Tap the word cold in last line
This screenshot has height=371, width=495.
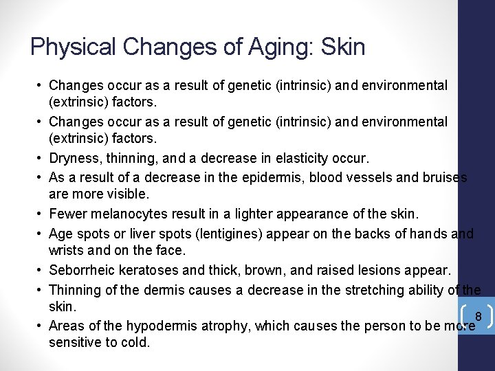click(135, 341)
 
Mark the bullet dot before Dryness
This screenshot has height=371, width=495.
click(40, 159)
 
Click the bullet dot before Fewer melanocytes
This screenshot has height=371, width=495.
click(40, 214)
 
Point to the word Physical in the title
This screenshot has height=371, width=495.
click(74, 47)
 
